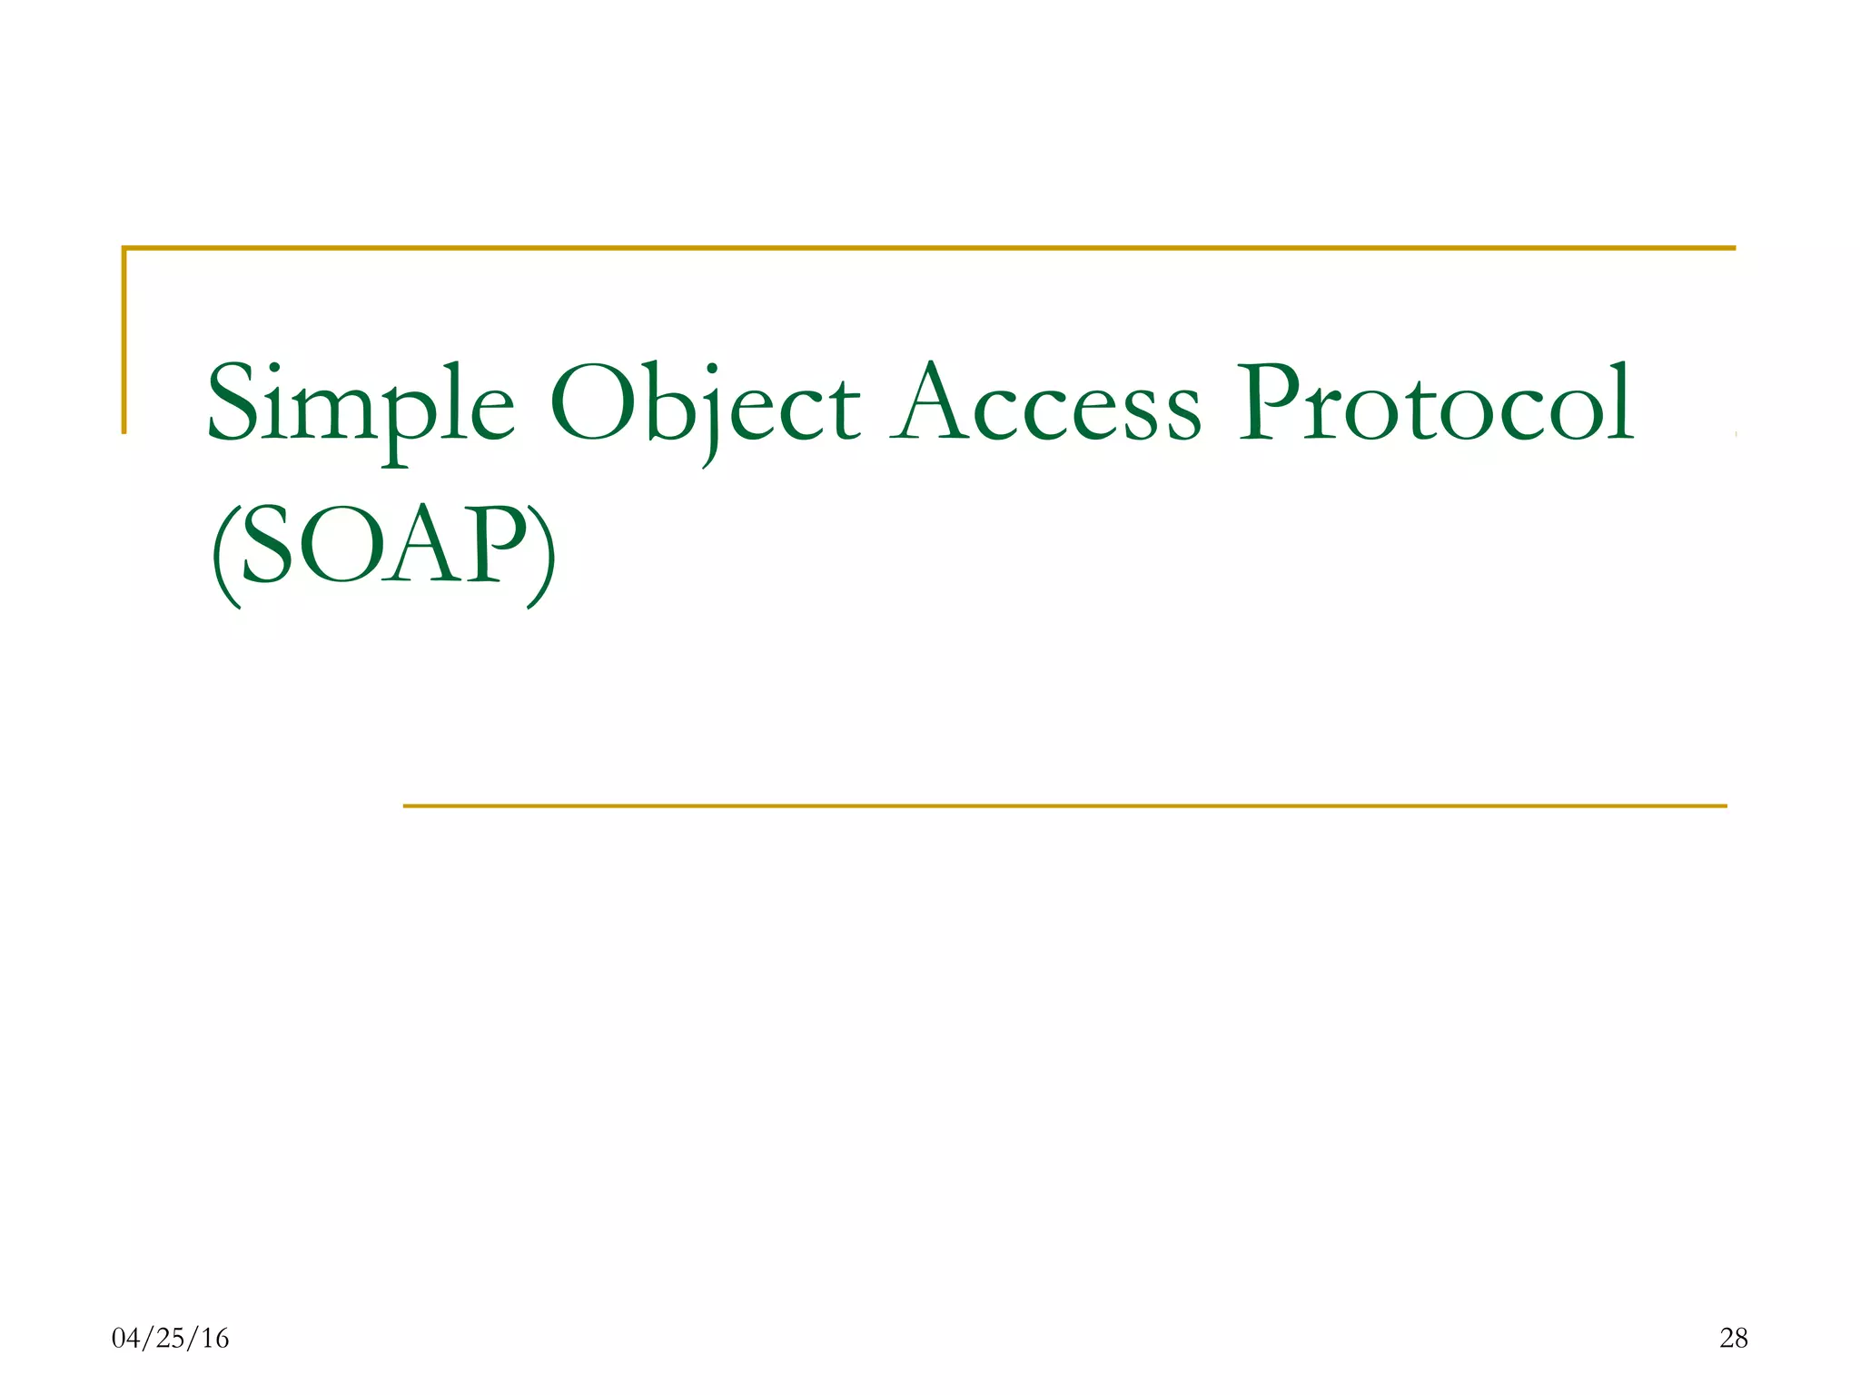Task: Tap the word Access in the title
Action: pos(1045,404)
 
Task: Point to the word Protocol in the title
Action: pos(1437,404)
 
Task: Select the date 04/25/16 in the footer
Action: pos(170,1338)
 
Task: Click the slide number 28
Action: pos(1733,1338)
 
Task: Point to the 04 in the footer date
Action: pos(126,1338)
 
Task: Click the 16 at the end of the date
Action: pos(215,1338)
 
